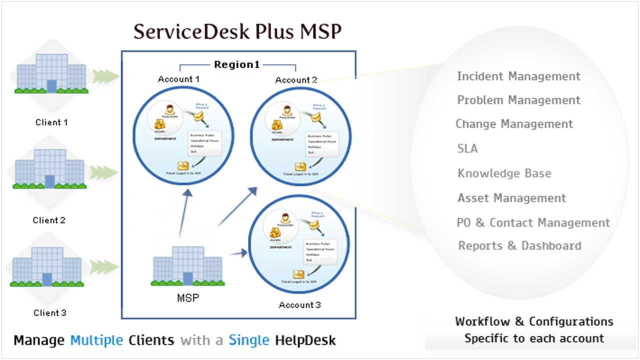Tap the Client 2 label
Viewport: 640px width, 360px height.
49,220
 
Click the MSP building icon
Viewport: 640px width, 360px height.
187,265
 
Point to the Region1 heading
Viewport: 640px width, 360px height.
237,64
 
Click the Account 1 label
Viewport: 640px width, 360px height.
178,79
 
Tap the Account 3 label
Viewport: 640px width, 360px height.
299,305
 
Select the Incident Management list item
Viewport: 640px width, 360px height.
518,76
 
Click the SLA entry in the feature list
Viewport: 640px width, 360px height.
467,148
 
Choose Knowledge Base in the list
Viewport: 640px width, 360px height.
504,173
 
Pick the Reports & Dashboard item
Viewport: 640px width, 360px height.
519,245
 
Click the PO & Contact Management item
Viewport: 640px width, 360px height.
533,222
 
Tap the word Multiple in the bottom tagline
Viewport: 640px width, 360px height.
96,340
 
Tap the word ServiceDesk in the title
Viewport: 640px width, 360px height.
192,31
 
